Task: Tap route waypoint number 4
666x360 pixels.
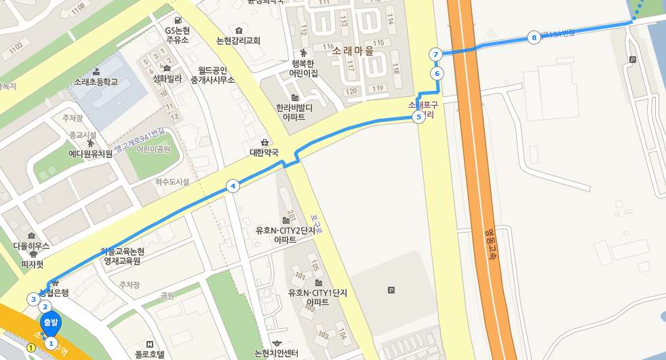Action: click(x=233, y=186)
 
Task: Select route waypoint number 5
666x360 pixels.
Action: click(x=418, y=117)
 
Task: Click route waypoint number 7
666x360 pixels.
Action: click(x=435, y=54)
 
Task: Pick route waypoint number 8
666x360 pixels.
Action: click(x=534, y=37)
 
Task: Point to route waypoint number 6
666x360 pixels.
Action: click(x=437, y=73)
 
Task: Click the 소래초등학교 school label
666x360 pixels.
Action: click(x=96, y=82)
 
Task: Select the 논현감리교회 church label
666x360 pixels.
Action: click(x=238, y=40)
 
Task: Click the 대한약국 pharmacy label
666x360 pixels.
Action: click(x=264, y=153)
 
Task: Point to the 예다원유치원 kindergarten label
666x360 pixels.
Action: click(x=90, y=154)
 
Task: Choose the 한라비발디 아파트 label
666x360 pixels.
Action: click(x=294, y=112)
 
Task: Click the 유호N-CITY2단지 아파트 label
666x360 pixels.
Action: click(x=286, y=235)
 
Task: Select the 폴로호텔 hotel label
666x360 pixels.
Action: click(x=150, y=353)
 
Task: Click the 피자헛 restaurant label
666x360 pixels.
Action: click(x=32, y=264)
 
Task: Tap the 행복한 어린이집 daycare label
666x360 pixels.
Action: click(x=303, y=68)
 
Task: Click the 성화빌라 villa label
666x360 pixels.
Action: click(x=167, y=78)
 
